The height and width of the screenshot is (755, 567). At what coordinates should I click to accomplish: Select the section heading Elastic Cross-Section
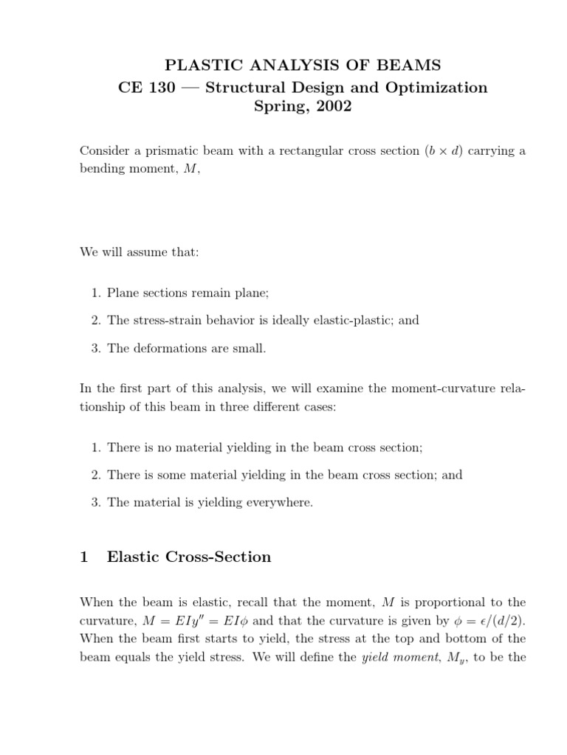coord(189,557)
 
